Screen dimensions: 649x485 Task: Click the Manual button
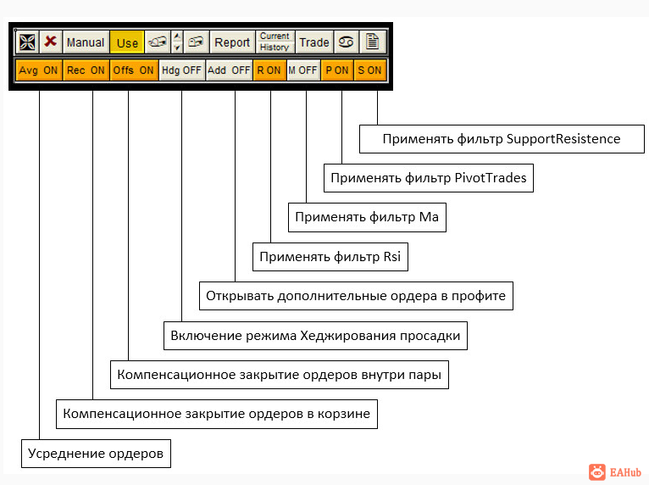pyautogui.click(x=86, y=42)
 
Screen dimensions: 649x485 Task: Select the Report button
pyautogui.click(x=232, y=42)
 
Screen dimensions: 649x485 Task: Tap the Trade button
pyautogui.click(x=314, y=42)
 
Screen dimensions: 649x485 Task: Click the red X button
pyautogui.click(x=51, y=42)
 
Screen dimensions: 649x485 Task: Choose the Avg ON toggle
pyautogui.click(x=38, y=70)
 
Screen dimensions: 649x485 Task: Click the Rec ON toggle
pyautogui.click(x=86, y=70)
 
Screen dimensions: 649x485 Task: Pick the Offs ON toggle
pyautogui.click(x=134, y=70)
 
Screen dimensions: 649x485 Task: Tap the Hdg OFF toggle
pyautogui.click(x=181, y=70)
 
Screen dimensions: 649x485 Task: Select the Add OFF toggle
pyautogui.click(x=229, y=70)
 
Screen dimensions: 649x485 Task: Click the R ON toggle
pyautogui.click(x=269, y=70)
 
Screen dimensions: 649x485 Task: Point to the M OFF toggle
pyautogui.click(x=303, y=70)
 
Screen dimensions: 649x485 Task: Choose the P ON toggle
pyautogui.click(x=337, y=70)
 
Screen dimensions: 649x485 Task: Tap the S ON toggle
pyautogui.click(x=370, y=70)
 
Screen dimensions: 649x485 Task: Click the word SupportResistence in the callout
pyautogui.click(x=563, y=139)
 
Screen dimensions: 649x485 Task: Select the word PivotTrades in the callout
pyautogui.click(x=491, y=178)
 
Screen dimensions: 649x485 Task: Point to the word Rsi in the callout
pyautogui.click(x=392, y=257)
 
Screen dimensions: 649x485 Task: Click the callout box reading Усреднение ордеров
pyautogui.click(x=96, y=454)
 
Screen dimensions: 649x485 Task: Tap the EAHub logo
pyautogui.click(x=615, y=472)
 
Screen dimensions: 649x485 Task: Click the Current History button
pyautogui.click(x=275, y=42)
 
